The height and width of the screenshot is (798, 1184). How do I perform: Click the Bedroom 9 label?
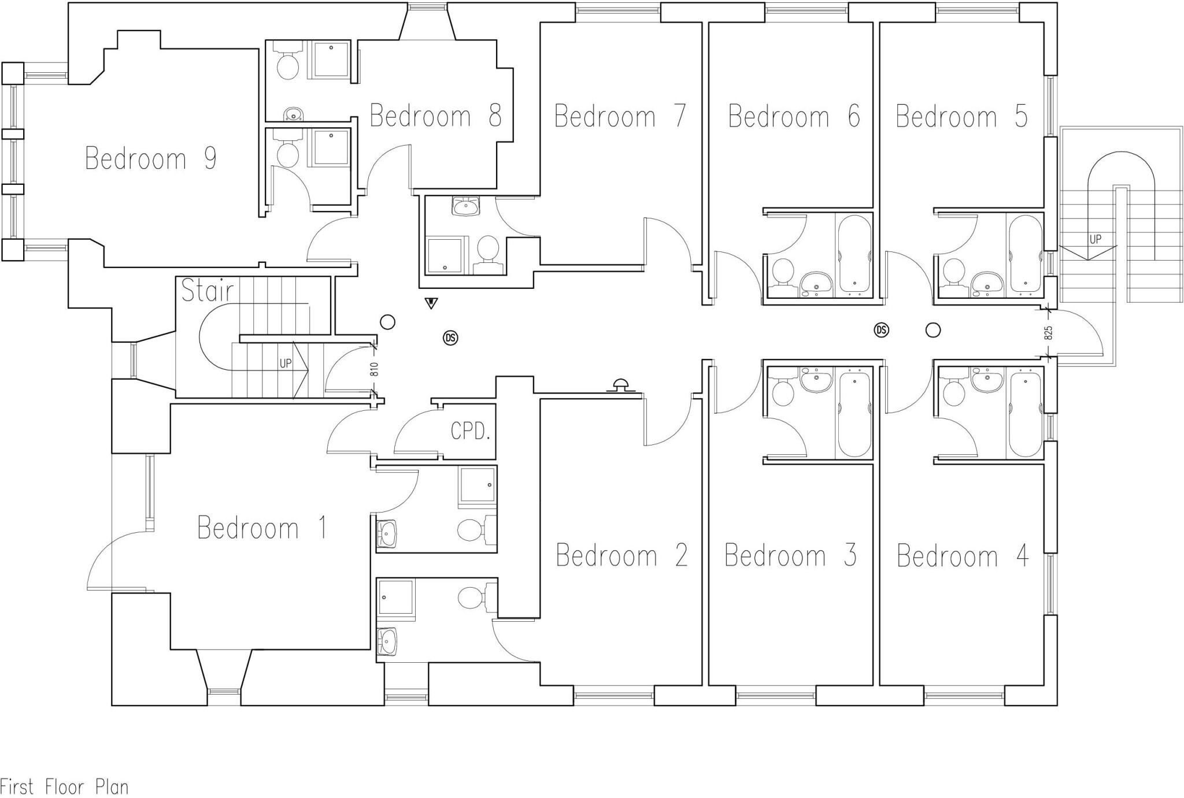coord(151,158)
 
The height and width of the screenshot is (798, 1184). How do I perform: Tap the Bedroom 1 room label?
coord(262,528)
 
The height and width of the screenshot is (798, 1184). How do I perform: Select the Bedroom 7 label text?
coord(620,116)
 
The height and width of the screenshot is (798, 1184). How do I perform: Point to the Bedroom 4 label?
coord(963,556)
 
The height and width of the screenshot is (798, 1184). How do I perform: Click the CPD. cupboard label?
coord(470,431)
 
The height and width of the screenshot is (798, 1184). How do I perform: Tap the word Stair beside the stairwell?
coord(208,291)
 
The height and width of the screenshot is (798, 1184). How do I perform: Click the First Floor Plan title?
coord(64,787)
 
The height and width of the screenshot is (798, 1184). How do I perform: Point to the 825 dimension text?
coord(1049,333)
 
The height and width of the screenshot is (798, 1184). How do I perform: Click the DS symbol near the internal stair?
coord(450,338)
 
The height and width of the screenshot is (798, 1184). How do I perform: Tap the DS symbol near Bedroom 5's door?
coord(881,330)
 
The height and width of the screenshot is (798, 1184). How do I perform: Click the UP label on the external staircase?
coord(1095,239)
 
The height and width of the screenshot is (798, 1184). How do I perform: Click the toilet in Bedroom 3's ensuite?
coord(784,393)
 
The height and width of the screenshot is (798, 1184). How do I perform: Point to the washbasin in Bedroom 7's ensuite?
coord(465,206)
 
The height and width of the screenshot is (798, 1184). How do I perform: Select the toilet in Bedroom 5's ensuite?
coord(953,272)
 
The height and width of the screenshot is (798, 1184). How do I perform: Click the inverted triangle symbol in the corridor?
coord(431,302)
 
